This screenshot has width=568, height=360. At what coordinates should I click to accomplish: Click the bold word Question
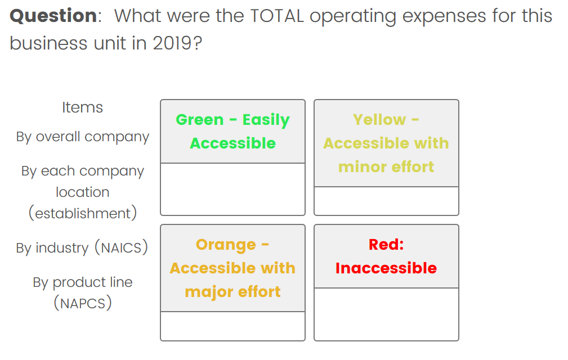53,16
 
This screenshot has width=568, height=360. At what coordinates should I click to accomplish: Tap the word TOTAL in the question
277,16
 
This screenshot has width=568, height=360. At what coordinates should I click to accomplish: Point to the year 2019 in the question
172,43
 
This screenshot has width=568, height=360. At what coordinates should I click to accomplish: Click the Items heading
83,107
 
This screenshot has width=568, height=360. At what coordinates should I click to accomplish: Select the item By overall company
83,137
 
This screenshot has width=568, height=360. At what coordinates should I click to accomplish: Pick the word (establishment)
83,213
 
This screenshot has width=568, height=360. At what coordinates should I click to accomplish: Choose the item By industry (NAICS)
82,248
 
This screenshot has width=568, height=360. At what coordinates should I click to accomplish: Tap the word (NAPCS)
83,303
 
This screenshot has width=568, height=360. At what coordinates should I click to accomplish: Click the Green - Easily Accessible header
233,131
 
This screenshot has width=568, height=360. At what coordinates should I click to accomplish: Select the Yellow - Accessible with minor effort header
386,143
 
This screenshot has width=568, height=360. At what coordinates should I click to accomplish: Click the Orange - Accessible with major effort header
233,268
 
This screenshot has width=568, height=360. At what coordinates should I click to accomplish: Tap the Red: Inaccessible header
386,256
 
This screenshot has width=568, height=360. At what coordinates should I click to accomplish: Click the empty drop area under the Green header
233,189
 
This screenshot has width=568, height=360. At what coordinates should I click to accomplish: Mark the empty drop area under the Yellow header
386,201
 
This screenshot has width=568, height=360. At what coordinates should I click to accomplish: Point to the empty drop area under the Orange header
233,326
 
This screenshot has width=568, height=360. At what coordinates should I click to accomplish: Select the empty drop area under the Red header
386,314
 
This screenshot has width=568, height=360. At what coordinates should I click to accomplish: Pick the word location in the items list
83,192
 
